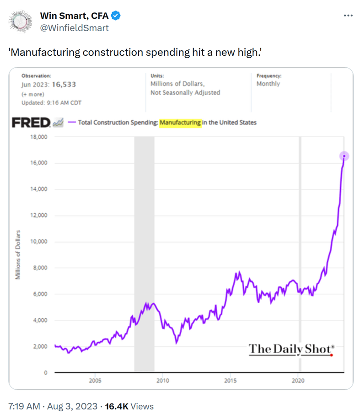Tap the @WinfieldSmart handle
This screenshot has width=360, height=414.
point(74,28)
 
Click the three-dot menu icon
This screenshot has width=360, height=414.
point(348,16)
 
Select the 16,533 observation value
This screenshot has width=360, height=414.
point(64,84)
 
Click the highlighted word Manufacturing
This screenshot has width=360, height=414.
point(180,123)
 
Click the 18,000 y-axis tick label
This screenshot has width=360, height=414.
point(39,137)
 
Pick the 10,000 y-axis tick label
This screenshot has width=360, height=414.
point(39,242)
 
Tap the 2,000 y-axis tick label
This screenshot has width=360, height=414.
point(40,346)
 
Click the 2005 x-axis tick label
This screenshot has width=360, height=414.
point(95,381)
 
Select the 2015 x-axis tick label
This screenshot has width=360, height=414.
point(231,381)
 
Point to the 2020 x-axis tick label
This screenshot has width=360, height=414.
point(298,381)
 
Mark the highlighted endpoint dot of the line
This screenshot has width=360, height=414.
point(344,156)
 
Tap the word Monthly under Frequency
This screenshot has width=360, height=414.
point(269,84)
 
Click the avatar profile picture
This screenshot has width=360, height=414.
point(21,22)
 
